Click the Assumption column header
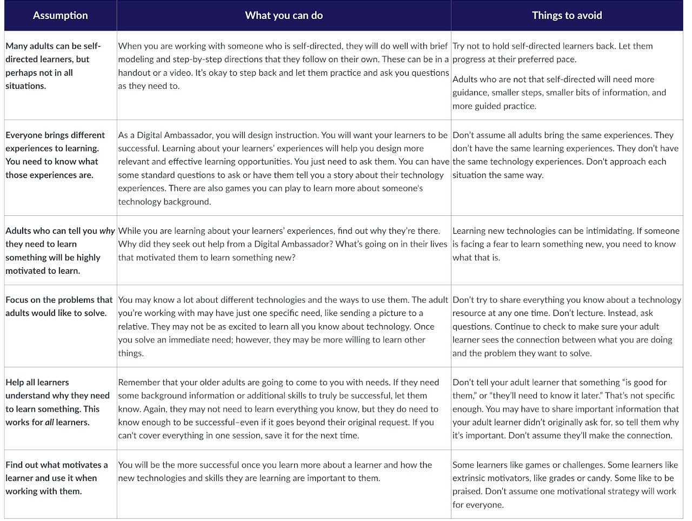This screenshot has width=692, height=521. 60,16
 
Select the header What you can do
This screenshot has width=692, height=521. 284,16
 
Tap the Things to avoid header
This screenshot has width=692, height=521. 567,16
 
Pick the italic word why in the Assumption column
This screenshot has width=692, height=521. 107,231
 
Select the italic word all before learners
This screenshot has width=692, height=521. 49,423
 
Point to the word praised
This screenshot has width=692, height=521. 467,492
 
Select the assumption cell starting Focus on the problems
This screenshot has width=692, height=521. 59,307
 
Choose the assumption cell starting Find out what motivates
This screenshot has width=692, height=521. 57,478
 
